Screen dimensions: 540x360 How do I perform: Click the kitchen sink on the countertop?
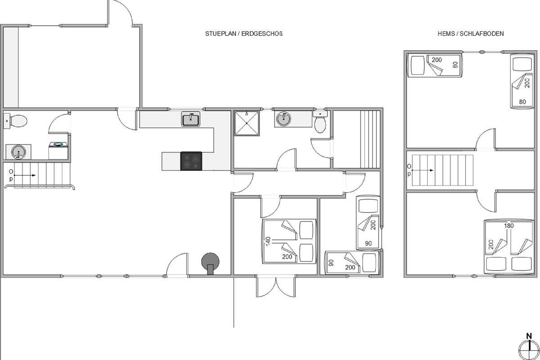[190, 119]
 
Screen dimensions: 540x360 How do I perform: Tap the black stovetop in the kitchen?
[191, 161]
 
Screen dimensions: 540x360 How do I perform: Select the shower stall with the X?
[247, 123]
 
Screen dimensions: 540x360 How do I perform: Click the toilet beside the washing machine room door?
[16, 121]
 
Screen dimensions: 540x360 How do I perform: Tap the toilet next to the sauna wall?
[320, 122]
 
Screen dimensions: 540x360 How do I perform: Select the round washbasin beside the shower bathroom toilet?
[283, 119]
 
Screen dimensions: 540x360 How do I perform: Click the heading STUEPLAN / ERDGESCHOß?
[244, 34]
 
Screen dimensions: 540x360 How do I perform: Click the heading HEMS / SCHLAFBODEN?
[471, 34]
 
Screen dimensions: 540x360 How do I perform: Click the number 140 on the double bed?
[268, 242]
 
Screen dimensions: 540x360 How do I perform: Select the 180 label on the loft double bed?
[509, 226]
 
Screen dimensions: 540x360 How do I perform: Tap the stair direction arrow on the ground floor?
[25, 175]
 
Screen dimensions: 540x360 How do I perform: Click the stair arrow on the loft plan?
[423, 170]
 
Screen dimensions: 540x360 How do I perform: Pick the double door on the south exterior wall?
[276, 287]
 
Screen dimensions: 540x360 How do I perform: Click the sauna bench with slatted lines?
[370, 139]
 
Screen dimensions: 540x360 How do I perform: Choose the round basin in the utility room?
[18, 152]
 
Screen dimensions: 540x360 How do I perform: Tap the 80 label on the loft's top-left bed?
[455, 65]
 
